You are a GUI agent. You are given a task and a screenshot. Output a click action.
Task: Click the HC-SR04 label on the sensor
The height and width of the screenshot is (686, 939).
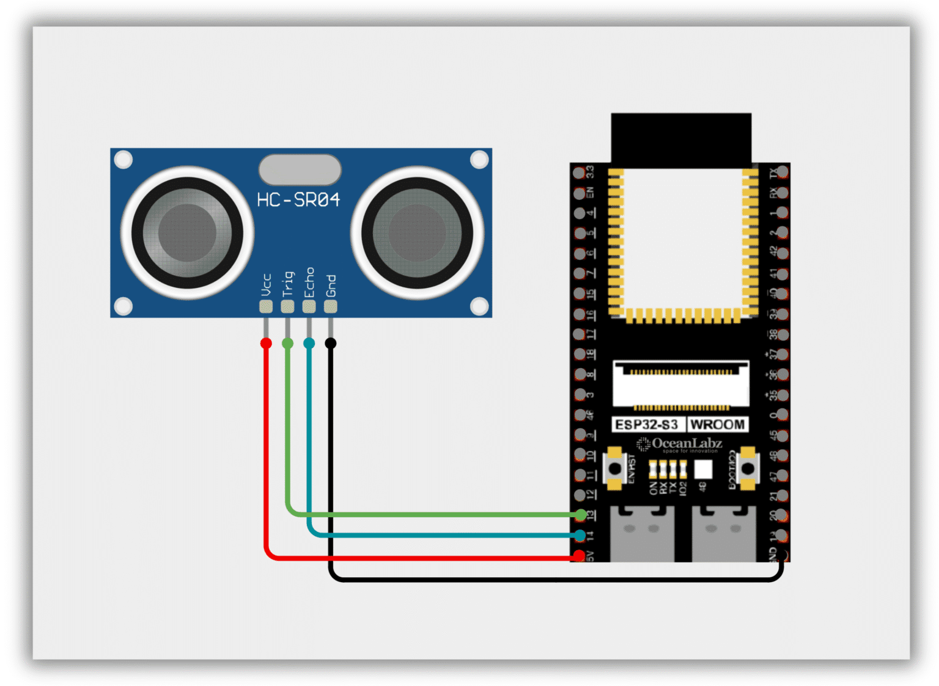point(298,200)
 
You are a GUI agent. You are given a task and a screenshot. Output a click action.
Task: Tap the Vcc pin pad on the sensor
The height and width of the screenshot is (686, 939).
point(266,306)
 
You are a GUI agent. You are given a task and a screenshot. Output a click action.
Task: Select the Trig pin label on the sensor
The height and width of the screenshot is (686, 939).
point(288,284)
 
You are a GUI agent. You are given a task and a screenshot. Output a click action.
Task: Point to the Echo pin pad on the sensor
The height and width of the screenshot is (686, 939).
point(309,306)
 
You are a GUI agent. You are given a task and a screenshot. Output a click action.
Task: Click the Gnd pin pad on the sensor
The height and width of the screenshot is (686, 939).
point(331,306)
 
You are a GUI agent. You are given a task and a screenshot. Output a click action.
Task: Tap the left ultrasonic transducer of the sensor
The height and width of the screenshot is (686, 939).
point(187,233)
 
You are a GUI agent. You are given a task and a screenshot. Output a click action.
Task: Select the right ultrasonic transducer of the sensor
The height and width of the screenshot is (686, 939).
point(418,233)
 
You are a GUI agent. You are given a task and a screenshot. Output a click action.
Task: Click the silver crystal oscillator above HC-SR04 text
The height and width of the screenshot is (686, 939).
point(300,169)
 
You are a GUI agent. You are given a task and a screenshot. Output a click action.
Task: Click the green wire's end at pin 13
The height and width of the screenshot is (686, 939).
point(580,515)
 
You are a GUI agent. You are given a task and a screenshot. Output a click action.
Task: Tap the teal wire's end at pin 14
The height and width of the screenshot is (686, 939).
point(580,536)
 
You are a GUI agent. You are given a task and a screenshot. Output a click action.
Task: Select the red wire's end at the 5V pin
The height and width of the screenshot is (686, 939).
point(579,556)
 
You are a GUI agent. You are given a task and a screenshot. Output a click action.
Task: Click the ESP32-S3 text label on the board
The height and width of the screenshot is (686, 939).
point(647,424)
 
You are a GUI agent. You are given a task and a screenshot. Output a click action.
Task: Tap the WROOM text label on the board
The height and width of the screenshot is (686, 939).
point(717,424)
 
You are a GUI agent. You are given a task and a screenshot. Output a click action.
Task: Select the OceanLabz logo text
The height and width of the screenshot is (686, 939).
point(687,443)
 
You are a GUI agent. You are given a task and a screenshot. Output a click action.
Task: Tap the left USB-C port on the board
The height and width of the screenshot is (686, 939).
point(642,534)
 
